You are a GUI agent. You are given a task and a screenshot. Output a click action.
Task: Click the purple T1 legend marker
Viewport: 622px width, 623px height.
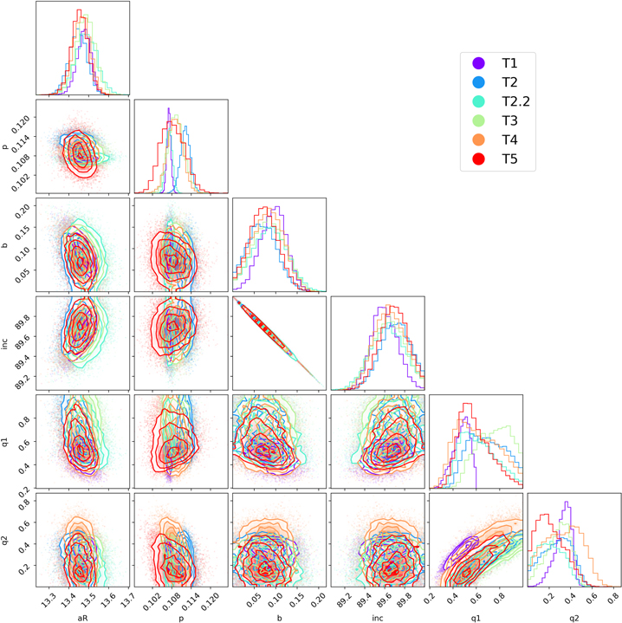click(478, 63)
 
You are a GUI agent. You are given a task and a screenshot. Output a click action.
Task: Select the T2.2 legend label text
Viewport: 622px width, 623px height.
click(516, 101)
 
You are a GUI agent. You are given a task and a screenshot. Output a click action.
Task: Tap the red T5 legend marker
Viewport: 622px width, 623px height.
click(478, 159)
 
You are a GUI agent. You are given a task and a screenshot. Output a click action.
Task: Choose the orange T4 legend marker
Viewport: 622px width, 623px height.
click(478, 140)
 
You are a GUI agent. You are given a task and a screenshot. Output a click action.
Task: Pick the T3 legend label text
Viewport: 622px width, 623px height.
click(510, 120)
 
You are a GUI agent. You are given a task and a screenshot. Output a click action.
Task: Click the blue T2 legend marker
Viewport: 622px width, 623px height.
click(478, 82)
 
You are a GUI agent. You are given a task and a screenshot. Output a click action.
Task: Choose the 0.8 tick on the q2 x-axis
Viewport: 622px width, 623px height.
click(614, 598)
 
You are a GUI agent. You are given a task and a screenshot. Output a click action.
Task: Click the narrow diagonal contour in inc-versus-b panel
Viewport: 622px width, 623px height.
click(278, 343)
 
